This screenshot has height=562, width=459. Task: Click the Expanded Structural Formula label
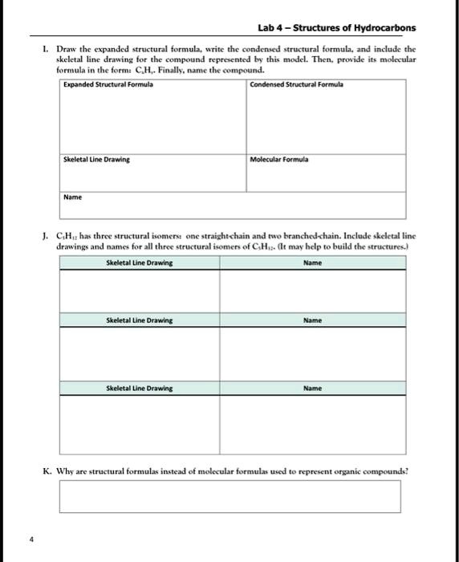108,85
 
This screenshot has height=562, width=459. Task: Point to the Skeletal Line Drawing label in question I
97,159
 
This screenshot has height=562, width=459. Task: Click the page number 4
31,540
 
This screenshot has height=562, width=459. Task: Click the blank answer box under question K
229,495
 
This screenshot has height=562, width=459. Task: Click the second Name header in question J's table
312,320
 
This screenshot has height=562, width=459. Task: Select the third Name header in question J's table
312,388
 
